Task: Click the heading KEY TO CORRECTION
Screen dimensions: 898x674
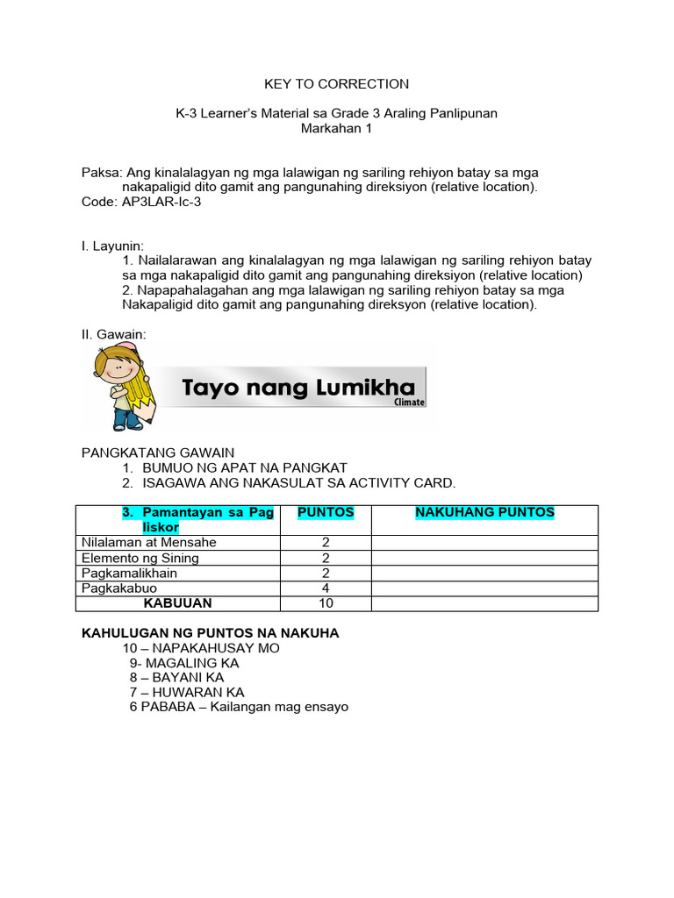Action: tap(337, 84)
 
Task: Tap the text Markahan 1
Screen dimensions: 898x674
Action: tap(337, 129)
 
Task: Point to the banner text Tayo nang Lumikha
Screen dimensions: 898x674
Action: tap(298, 388)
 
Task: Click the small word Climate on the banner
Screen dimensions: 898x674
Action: tap(409, 403)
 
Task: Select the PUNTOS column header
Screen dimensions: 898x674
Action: tap(326, 512)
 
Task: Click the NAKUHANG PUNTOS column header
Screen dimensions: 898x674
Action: tap(484, 512)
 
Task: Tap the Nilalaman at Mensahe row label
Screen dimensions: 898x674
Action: tap(148, 542)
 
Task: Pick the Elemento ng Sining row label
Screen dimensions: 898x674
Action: tap(140, 558)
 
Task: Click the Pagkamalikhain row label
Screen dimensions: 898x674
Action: tap(129, 573)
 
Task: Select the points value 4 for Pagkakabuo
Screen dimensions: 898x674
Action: tap(326, 588)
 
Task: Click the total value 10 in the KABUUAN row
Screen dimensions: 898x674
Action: tap(326, 603)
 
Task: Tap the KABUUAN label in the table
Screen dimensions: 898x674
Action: tap(178, 603)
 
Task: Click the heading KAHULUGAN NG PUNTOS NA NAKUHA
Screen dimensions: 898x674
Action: tap(210, 633)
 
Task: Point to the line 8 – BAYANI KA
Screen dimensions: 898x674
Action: tap(176, 678)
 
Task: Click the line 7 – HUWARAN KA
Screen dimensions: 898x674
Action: tap(186, 692)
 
